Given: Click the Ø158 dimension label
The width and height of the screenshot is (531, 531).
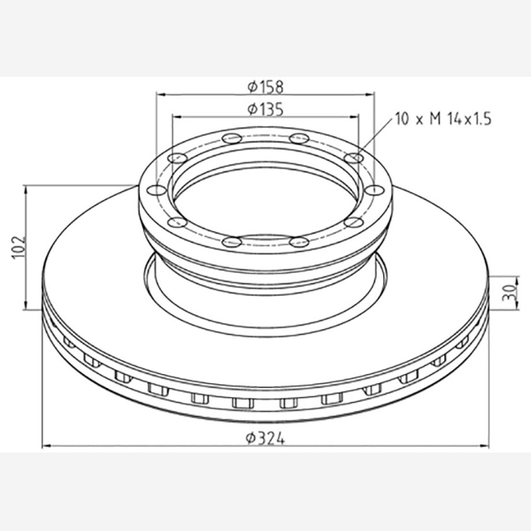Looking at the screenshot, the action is [265, 87].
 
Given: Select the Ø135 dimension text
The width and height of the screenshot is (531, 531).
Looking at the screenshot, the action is [265, 109].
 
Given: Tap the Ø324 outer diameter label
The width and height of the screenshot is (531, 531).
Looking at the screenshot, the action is [265, 439].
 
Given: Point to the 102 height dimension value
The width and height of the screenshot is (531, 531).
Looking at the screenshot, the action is [19, 248].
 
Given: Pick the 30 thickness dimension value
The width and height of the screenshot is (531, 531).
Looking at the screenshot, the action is [508, 293].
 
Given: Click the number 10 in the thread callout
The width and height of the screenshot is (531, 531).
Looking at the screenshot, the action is [402, 119].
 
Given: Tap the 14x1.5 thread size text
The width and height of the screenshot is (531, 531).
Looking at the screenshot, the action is [470, 119].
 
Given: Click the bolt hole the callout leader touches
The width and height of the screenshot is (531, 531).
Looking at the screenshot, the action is [354, 158].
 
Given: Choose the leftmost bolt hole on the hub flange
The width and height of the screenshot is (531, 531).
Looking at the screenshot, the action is [157, 190].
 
